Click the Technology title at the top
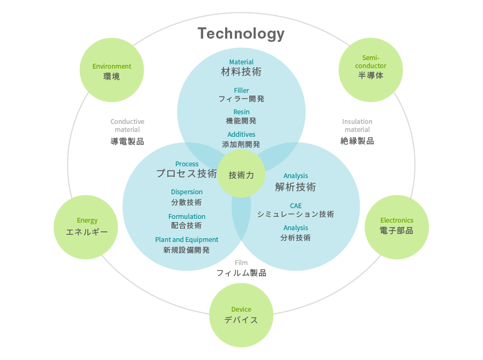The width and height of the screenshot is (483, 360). [x=241, y=34]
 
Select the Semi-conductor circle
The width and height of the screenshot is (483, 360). [x=370, y=70]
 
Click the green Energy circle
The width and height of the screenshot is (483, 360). [x=86, y=227]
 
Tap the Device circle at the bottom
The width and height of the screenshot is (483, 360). [x=241, y=315]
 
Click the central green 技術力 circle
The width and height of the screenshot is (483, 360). [x=241, y=174]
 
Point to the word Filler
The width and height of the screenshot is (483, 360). [x=241, y=90]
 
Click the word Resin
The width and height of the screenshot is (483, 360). [x=241, y=112]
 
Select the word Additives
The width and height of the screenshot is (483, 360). [x=241, y=134]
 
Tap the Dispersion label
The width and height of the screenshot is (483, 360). [x=187, y=192]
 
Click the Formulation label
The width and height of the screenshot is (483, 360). [x=187, y=217]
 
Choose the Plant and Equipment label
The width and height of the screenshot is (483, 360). [x=187, y=239]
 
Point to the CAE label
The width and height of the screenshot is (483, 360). [x=295, y=205]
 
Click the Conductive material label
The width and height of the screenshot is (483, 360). [x=127, y=126]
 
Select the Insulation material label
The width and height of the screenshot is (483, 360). [x=357, y=126]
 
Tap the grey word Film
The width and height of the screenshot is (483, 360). [x=241, y=263]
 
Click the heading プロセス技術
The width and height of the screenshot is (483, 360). [x=187, y=173]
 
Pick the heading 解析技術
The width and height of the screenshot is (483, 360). [x=295, y=187]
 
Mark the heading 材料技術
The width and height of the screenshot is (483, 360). [x=241, y=71]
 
